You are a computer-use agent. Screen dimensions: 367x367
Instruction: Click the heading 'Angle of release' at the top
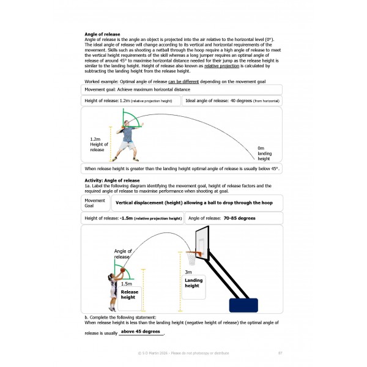(102, 34)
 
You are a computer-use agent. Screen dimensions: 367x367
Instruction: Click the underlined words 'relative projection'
(221, 66)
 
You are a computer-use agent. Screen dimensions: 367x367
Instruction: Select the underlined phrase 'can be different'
(183, 82)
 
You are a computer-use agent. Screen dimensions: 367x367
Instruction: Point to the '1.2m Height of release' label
(99, 144)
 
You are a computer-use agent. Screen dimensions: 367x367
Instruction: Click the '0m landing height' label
(264, 154)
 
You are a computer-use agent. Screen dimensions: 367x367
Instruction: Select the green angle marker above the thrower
(131, 119)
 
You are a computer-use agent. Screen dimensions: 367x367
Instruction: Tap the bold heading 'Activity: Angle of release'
(112, 180)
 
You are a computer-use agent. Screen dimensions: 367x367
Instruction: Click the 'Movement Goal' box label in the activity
(95, 203)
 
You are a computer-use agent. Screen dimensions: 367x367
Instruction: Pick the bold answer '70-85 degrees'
(239, 218)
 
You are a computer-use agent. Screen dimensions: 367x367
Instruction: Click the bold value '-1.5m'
(126, 218)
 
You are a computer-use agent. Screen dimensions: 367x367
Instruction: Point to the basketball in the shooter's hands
(123, 270)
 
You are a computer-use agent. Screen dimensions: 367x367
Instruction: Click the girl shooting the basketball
(114, 291)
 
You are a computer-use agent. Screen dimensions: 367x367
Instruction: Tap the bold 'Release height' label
(130, 294)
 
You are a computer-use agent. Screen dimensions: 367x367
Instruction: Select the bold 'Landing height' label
(193, 283)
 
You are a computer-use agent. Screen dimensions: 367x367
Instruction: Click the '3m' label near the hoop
(188, 272)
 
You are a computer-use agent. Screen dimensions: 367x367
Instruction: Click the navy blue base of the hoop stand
(243, 305)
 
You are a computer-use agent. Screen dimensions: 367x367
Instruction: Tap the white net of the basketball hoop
(191, 259)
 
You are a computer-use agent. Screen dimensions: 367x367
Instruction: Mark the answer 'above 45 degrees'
(141, 332)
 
